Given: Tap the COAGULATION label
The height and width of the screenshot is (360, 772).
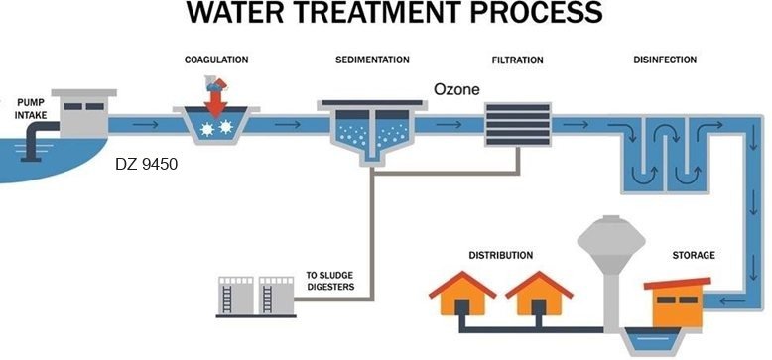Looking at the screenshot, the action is [x=216, y=60].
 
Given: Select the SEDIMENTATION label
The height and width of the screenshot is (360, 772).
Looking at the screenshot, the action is [x=372, y=60].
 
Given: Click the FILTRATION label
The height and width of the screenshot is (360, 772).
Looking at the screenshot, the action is [x=517, y=60].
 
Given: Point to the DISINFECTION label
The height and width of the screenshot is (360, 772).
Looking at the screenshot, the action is [x=665, y=60].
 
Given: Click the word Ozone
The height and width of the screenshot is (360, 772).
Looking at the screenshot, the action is [x=456, y=90].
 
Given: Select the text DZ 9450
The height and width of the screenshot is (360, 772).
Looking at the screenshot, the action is [x=146, y=165].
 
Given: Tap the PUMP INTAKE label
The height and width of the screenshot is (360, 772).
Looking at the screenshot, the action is [x=32, y=109].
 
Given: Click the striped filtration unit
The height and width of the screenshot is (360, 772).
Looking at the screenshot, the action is [x=517, y=124].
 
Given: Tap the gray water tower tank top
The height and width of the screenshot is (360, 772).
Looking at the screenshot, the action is [x=611, y=239].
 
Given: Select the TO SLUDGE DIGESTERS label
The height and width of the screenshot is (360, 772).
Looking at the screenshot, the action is [x=330, y=281].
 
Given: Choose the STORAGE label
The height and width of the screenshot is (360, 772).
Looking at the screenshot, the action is [x=694, y=255].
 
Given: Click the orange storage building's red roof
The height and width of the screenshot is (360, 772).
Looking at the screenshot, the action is [x=677, y=283].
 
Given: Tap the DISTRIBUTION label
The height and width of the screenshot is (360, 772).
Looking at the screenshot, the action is [x=501, y=256].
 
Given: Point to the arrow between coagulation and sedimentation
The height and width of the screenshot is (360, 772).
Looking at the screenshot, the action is [x=287, y=125].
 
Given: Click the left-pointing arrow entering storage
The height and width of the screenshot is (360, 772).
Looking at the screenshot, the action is [x=732, y=300].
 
